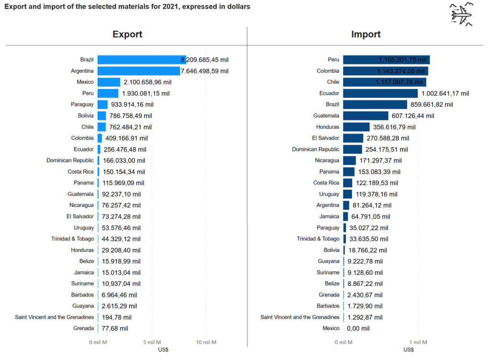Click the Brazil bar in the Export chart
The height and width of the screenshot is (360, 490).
pyautogui.click(x=141, y=60)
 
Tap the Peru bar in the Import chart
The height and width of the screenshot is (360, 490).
pyautogui.click(x=386, y=60)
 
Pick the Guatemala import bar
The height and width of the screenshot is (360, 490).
pyautogui.click(x=366, y=116)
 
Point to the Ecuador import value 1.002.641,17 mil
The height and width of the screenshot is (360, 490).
pyautogui.click(x=445, y=93)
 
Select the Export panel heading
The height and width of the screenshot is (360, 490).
pyautogui.click(x=127, y=34)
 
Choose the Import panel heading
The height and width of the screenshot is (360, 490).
pyautogui.click(x=366, y=34)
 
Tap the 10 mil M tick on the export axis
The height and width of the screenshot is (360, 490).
pyautogui.click(x=206, y=342)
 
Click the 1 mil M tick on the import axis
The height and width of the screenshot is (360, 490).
pyautogui.click(x=417, y=342)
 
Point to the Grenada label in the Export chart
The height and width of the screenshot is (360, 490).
pyautogui.click(x=84, y=328)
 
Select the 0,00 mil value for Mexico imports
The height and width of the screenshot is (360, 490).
pyautogui.click(x=358, y=328)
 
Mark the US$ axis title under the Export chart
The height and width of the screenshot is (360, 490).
pyautogui.click(x=163, y=350)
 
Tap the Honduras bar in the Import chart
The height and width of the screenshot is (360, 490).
pyautogui.click(x=356, y=127)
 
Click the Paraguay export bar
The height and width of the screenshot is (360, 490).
pyautogui.click(x=102, y=104)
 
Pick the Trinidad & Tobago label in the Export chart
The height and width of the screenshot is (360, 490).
pyautogui.click(x=73, y=239)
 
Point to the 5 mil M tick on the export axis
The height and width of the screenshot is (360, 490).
pyautogui.click(x=152, y=342)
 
